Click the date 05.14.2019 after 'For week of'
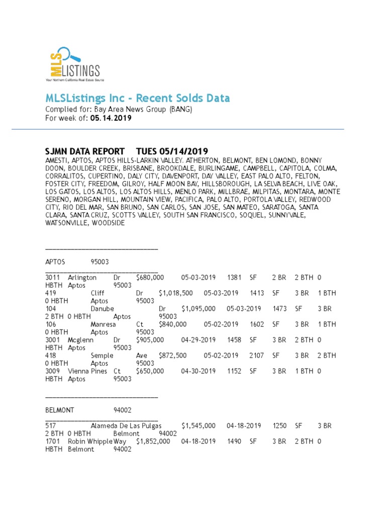(x=111, y=118)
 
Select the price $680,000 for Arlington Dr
(x=150, y=277)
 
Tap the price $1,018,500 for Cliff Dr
(x=175, y=293)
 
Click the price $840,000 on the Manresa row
(x=172, y=324)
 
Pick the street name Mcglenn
(x=80, y=339)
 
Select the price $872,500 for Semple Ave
(x=172, y=355)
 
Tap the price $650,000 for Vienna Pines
(x=150, y=371)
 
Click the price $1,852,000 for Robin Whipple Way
(x=153, y=441)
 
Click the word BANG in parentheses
(x=180, y=109)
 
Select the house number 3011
(x=53, y=277)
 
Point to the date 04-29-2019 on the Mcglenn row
(x=198, y=339)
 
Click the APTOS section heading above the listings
(x=56, y=262)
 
